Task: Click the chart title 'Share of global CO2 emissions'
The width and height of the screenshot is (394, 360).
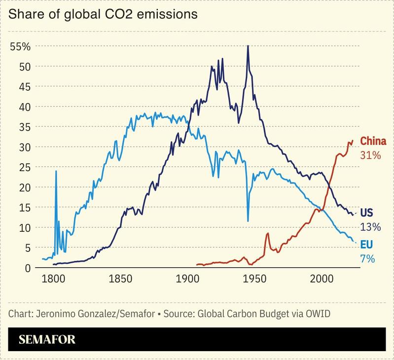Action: pyautogui.click(x=103, y=14)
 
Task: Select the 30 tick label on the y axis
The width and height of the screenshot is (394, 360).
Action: pyautogui.click(x=25, y=147)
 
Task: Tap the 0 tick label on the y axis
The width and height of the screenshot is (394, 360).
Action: pyautogui.click(x=28, y=268)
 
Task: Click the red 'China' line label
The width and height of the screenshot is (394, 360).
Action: pyautogui.click(x=373, y=141)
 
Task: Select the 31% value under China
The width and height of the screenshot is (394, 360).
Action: pyautogui.click(x=371, y=155)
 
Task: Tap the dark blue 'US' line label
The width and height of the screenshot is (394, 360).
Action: pyautogui.click(x=366, y=213)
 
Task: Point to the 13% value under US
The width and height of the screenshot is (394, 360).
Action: pyautogui.click(x=370, y=227)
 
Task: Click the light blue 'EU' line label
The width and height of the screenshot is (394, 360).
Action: pyautogui.click(x=366, y=244)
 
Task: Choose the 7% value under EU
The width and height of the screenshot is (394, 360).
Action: pyautogui.click(x=368, y=258)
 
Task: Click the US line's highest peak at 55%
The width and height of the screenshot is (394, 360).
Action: pyautogui.click(x=248, y=46)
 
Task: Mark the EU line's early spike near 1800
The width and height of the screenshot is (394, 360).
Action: pyautogui.click(x=56, y=171)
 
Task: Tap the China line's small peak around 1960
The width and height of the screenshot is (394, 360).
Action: pyautogui.click(x=268, y=233)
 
